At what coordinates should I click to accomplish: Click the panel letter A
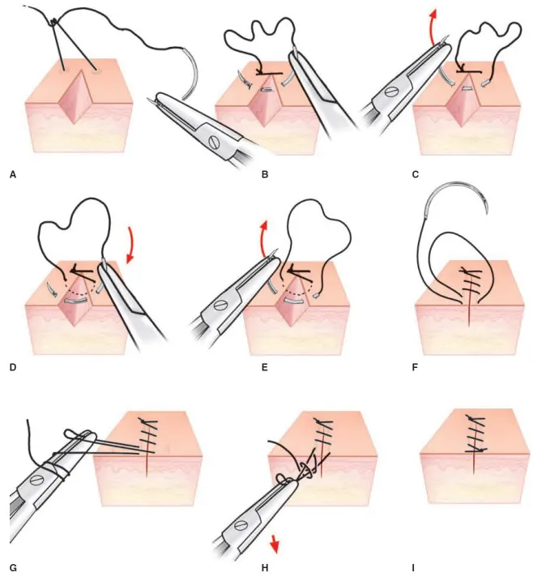[x=13, y=173]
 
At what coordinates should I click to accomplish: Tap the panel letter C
[x=416, y=173]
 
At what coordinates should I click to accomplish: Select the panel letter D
[x=13, y=368]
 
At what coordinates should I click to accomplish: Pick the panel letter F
[x=416, y=368]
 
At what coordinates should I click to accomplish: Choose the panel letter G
[x=13, y=567]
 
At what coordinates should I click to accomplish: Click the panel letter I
[x=414, y=567]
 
